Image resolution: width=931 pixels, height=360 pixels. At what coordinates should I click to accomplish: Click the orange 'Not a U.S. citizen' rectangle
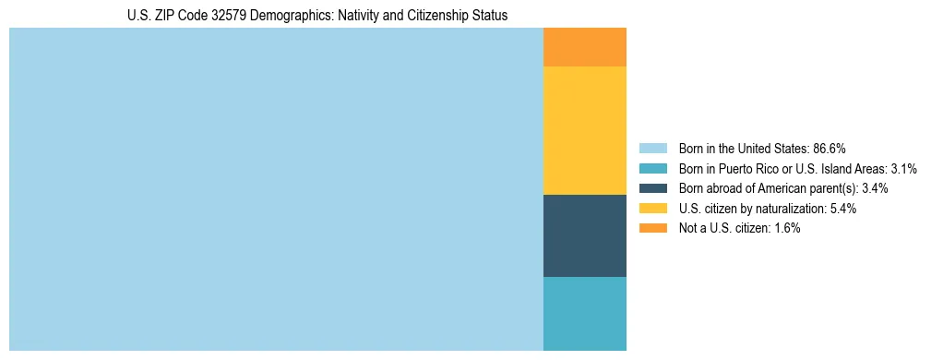(x=584, y=47)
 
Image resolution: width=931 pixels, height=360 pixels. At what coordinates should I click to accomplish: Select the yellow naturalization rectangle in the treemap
(x=584, y=130)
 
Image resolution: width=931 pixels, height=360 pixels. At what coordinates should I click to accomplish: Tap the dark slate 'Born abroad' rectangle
(x=584, y=235)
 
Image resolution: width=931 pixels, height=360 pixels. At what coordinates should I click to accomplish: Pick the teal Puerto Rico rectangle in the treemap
(x=584, y=313)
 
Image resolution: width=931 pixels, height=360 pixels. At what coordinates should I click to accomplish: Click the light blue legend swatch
(x=652, y=149)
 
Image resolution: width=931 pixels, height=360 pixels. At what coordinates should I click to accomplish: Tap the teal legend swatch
(x=652, y=169)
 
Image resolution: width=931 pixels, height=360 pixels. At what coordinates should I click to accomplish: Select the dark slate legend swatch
(x=652, y=188)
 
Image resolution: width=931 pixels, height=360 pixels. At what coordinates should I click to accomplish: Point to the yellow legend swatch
(x=652, y=209)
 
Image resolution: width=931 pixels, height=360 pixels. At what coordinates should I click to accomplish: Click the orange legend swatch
(x=652, y=228)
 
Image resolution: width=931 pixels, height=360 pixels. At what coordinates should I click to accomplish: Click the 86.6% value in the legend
(x=830, y=149)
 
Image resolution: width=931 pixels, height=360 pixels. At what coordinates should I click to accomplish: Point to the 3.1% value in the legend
(x=904, y=169)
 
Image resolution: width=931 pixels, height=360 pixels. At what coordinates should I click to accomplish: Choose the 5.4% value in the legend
(x=842, y=209)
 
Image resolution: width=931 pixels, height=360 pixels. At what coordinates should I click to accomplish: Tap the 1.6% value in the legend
(x=786, y=228)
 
